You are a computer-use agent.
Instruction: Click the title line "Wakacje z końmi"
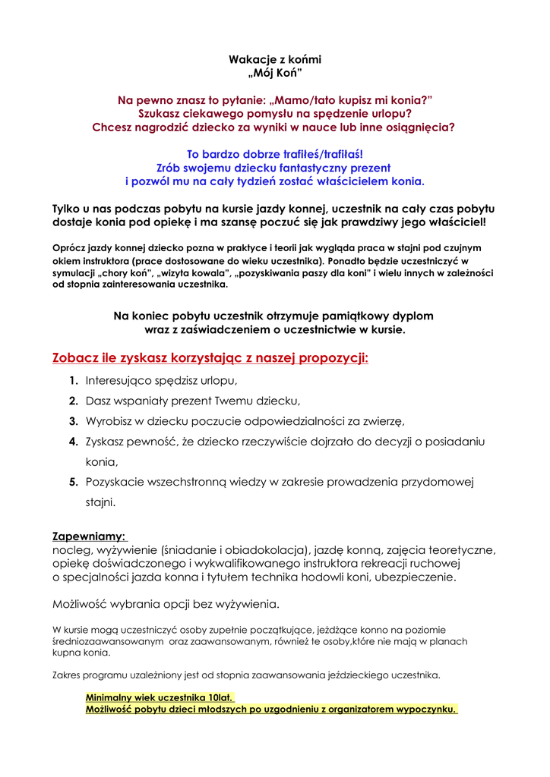tap(275, 59)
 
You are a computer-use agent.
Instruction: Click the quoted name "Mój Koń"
tap(275, 74)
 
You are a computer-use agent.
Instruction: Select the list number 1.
tap(73, 380)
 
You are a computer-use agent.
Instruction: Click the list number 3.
tap(73, 420)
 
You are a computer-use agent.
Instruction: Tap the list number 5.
tap(73, 481)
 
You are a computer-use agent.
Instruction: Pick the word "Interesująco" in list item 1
tap(118, 380)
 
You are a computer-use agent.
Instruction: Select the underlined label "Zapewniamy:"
tap(90, 536)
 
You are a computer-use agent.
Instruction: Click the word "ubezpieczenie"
tap(419, 577)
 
